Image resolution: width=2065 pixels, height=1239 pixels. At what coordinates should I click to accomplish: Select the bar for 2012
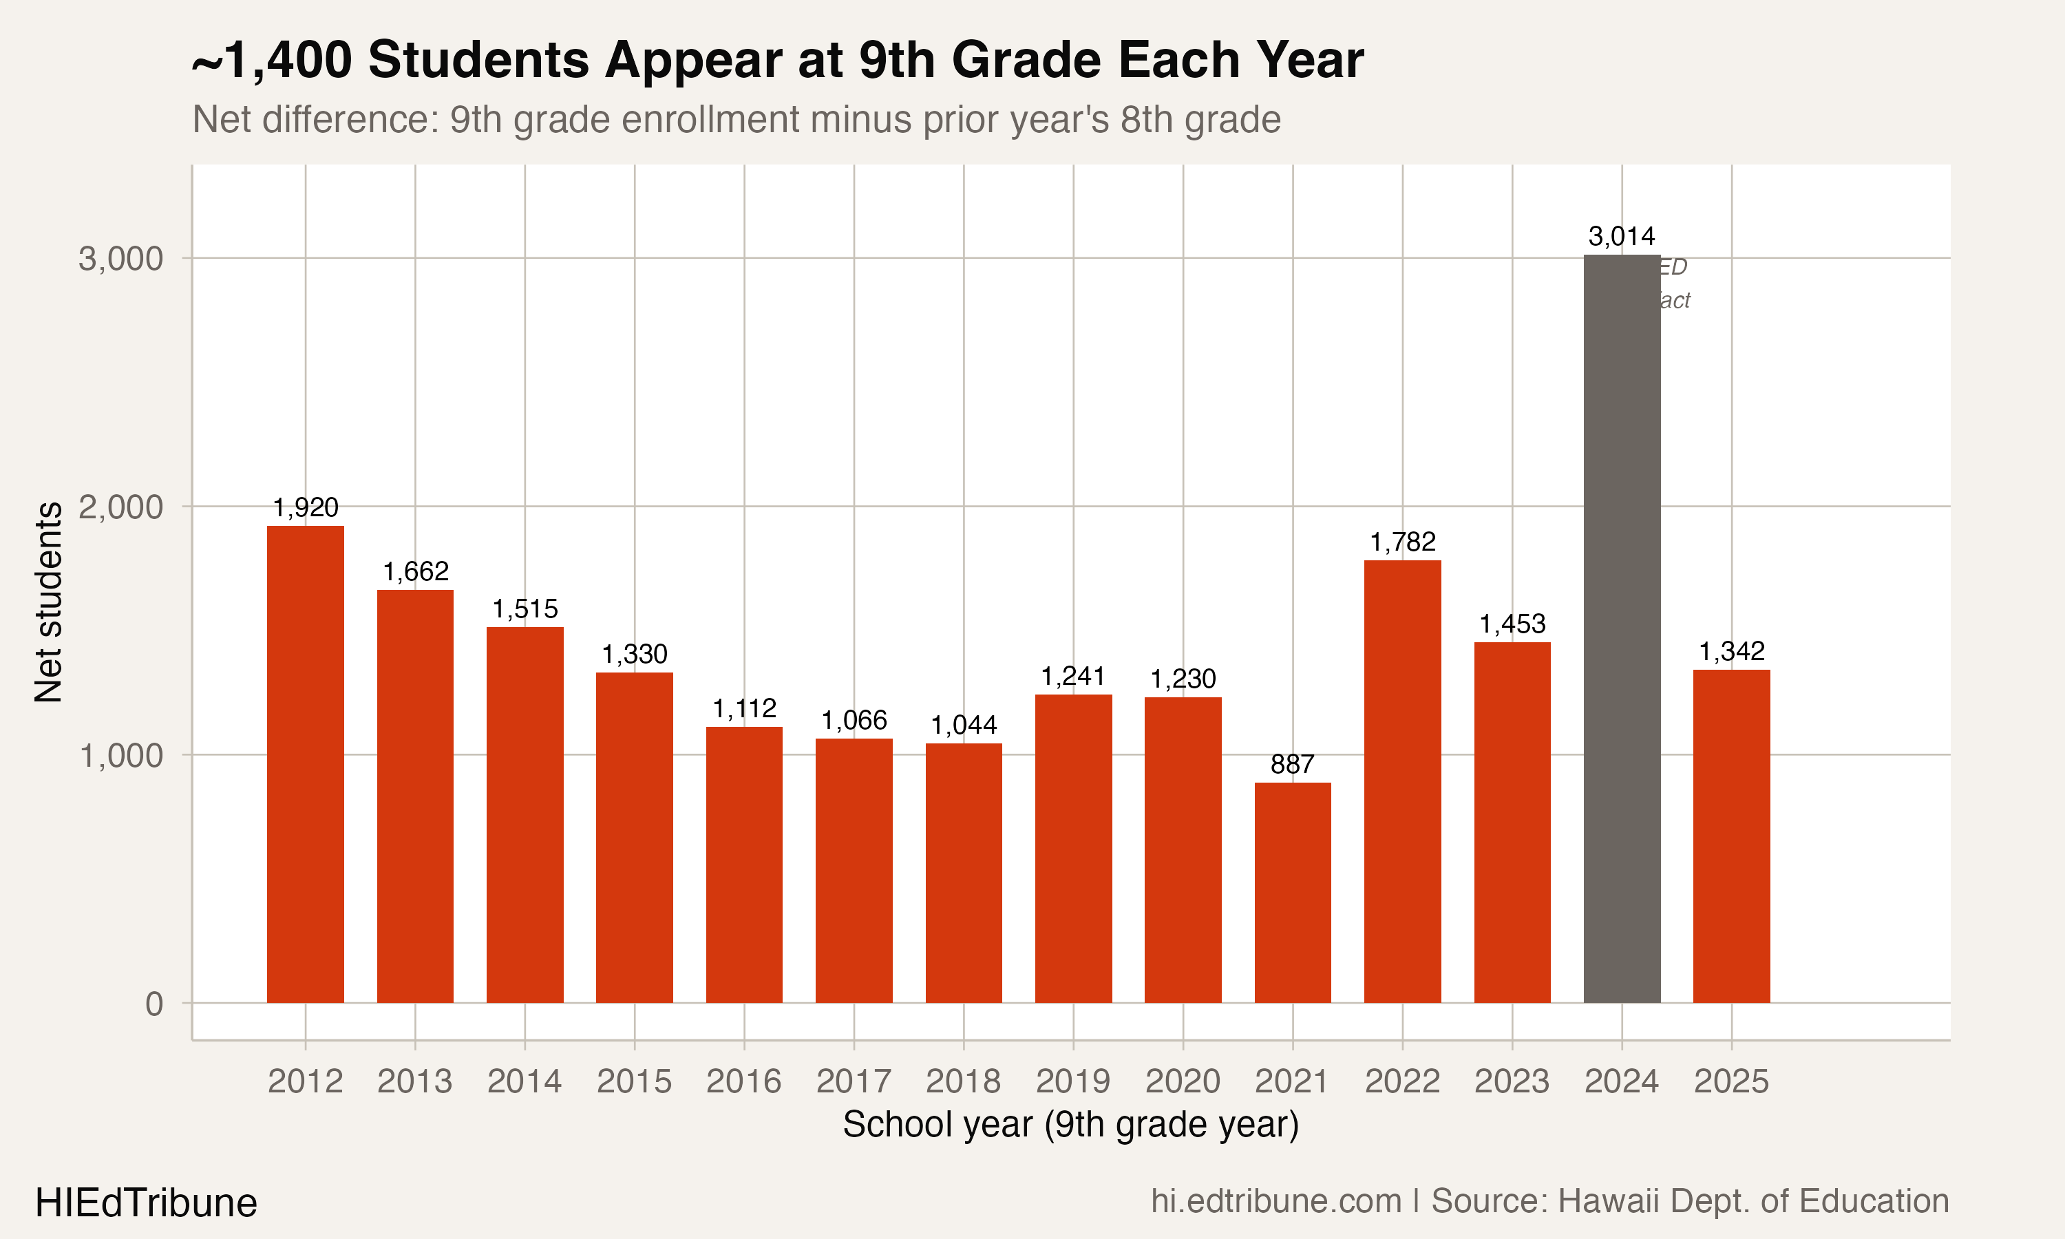click(x=306, y=764)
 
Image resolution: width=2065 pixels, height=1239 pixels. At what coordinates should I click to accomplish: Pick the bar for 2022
click(x=1402, y=781)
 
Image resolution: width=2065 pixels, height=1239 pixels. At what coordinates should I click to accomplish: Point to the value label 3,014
click(x=1621, y=236)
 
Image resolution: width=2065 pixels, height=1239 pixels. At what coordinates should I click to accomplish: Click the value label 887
click(x=1292, y=764)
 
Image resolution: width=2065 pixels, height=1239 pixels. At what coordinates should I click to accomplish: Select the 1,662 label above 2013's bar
click(x=415, y=572)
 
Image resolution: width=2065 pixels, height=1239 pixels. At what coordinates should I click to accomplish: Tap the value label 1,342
click(x=1731, y=651)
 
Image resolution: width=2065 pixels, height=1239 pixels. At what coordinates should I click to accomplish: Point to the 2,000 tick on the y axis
click(x=120, y=507)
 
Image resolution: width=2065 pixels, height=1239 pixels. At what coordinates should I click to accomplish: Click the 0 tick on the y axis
click(x=153, y=1004)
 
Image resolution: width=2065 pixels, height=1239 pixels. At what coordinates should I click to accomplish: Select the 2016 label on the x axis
click(x=743, y=1081)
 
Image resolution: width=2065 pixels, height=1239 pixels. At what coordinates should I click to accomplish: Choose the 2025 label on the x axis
click(x=1731, y=1081)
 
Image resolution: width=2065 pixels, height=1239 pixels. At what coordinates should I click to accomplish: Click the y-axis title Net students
click(x=48, y=601)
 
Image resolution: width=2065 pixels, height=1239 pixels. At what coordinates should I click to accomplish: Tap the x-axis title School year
click(x=1070, y=1125)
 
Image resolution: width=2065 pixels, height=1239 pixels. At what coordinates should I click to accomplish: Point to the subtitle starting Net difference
click(x=737, y=119)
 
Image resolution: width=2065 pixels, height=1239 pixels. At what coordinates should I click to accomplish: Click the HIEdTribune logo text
click(x=146, y=1203)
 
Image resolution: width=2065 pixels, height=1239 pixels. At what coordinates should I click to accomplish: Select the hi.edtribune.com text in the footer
click(x=1275, y=1201)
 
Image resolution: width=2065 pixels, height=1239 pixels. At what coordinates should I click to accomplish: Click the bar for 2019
click(x=1072, y=848)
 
